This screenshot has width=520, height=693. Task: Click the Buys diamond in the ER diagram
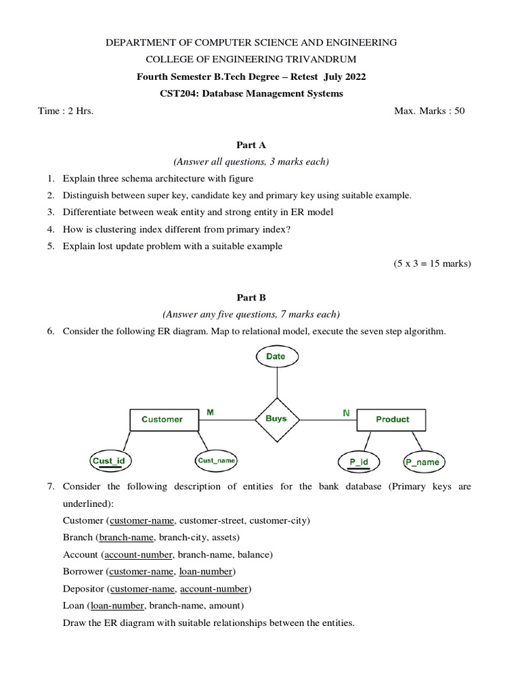[276, 419]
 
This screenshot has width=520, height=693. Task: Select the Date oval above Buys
[276, 357]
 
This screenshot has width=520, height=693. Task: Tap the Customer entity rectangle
[162, 420]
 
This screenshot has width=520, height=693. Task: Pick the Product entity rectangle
[392, 420]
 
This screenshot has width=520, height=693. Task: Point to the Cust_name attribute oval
[217, 461]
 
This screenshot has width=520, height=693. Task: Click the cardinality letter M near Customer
[210, 411]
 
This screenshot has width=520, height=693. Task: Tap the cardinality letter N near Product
[346, 411]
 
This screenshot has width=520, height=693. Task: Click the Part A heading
[251, 145]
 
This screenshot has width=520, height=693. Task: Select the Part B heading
[251, 297]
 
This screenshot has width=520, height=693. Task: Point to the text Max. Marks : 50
[429, 111]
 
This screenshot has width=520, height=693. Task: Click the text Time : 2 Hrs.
[66, 111]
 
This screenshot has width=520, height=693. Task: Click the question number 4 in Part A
[51, 229]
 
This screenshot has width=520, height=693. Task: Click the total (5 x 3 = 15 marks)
[431, 263]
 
